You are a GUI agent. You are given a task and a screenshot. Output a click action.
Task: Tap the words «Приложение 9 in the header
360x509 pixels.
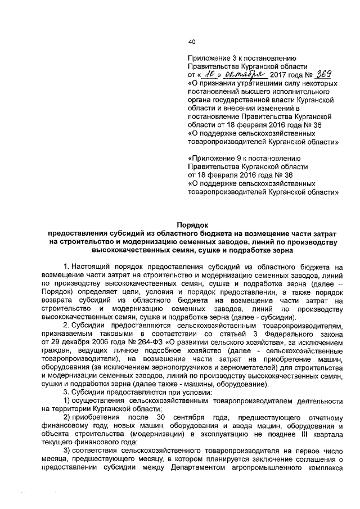coord(213,159)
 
